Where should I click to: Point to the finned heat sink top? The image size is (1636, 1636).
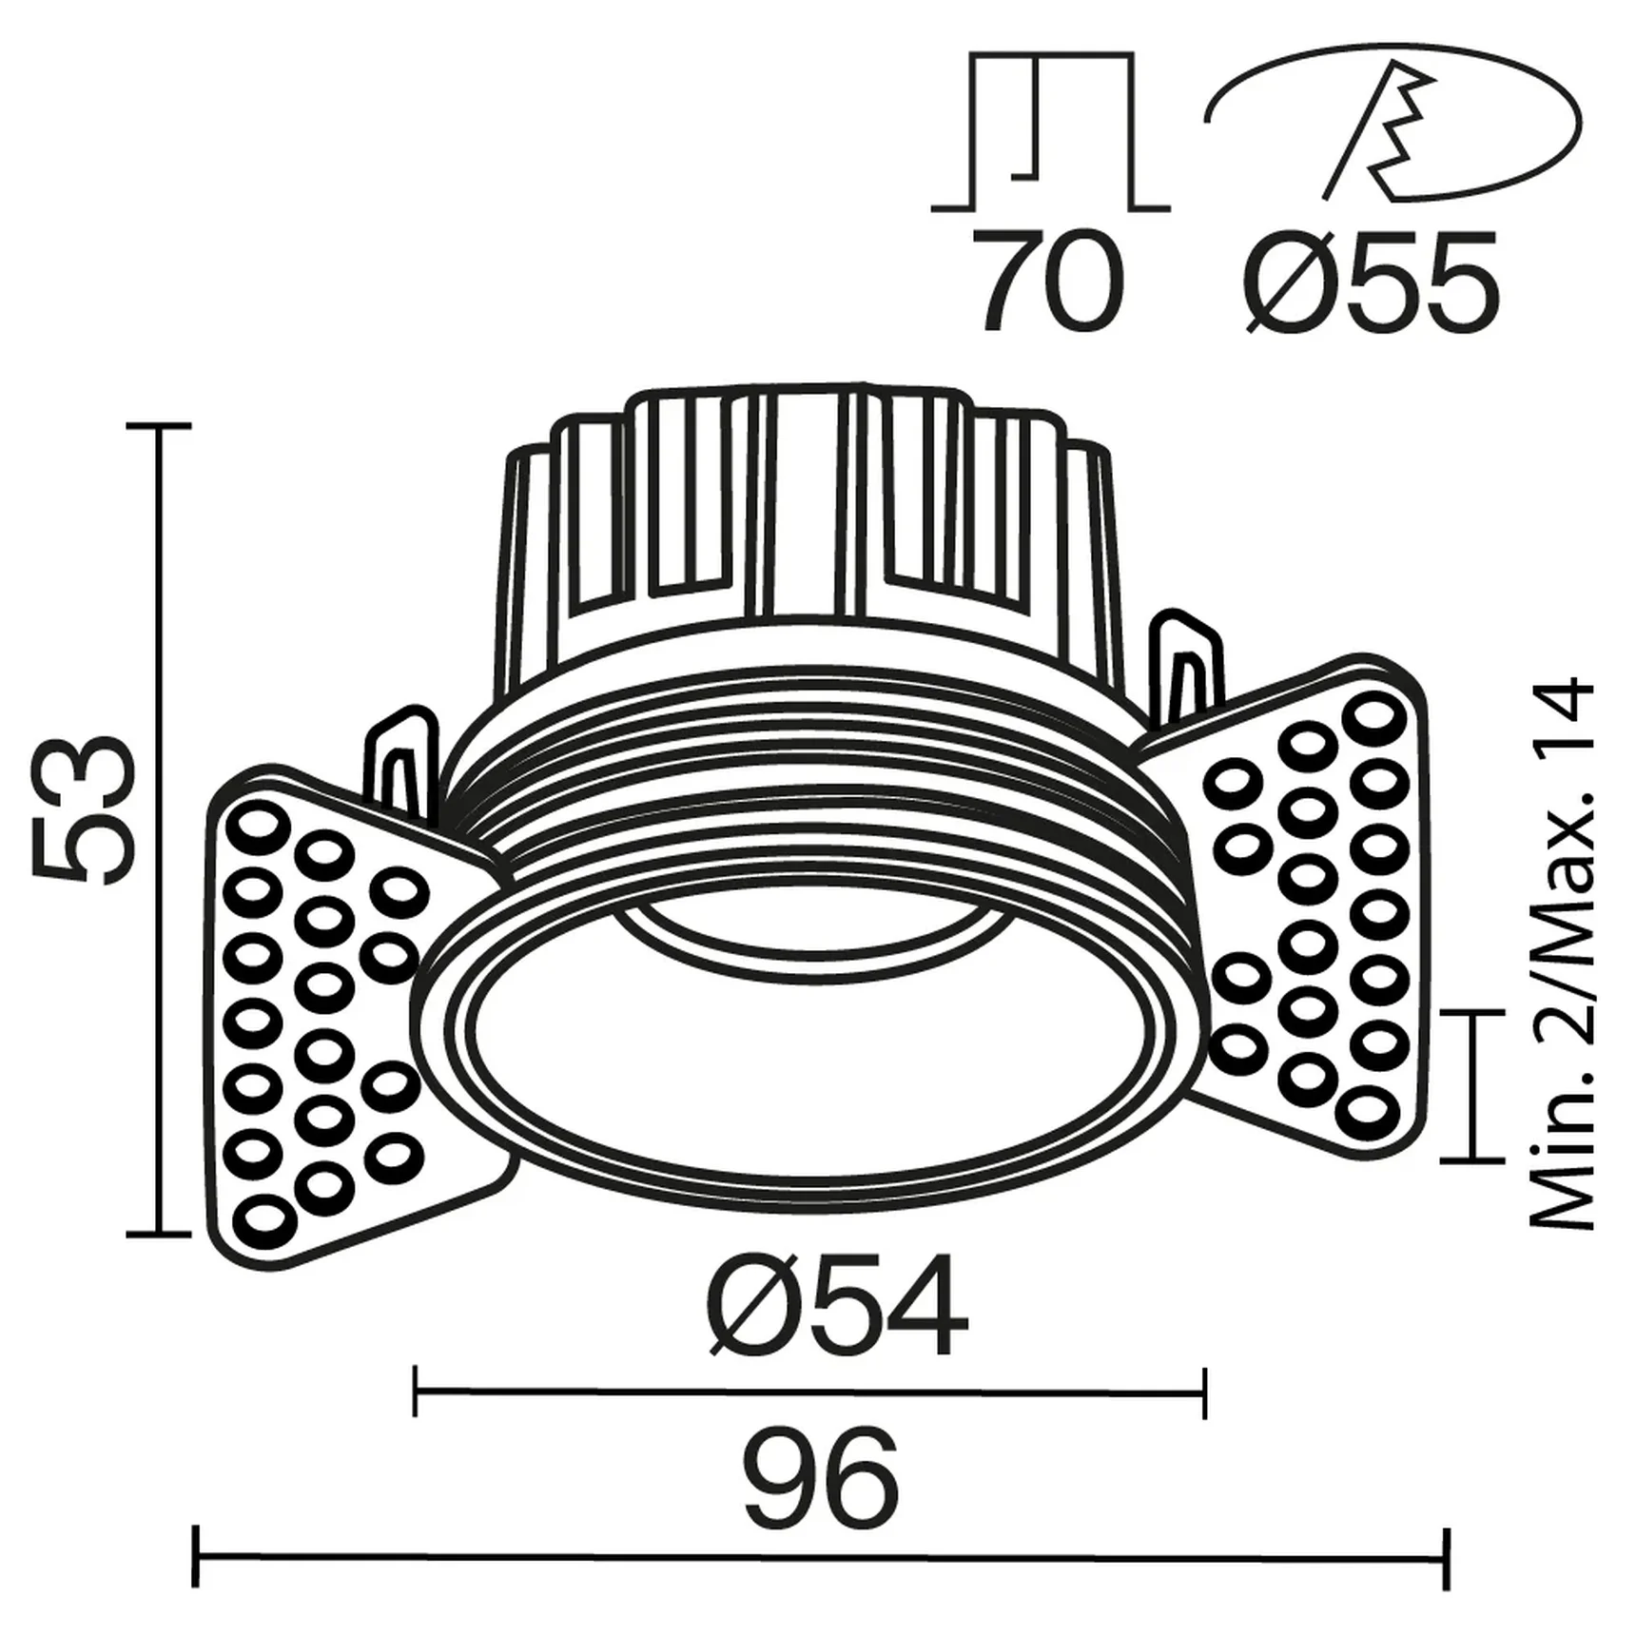[x=804, y=514]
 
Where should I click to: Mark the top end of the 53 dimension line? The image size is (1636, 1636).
[x=159, y=427]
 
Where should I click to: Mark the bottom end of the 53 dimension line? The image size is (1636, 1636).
[x=159, y=1234]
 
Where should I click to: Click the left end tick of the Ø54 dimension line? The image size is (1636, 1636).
[x=416, y=1393]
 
